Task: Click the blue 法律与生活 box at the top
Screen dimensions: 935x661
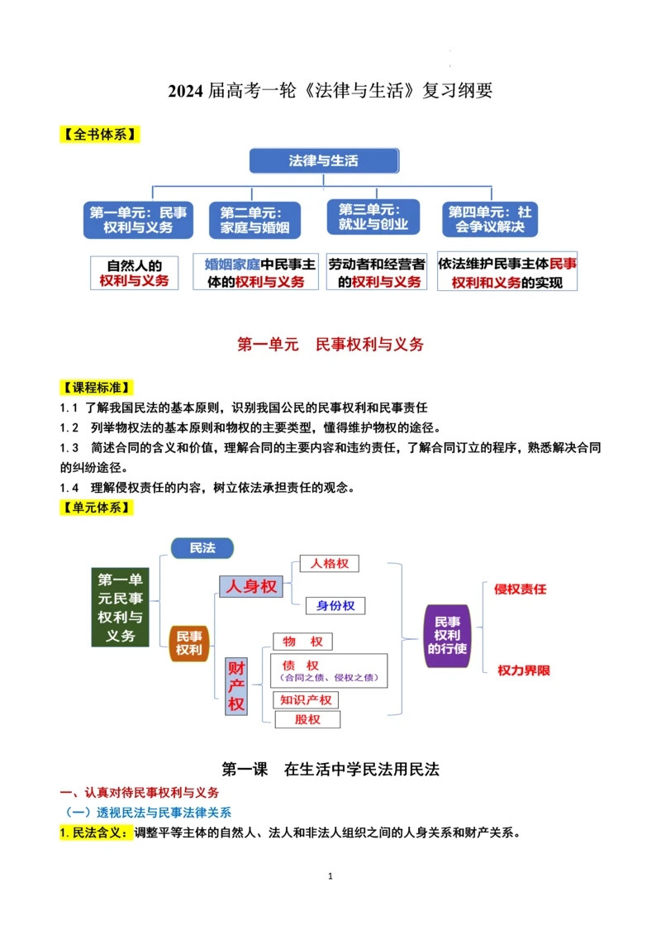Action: coord(324,160)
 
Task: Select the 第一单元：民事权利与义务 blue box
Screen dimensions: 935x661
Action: coord(138,220)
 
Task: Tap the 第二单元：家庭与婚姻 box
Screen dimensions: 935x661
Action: coord(254,221)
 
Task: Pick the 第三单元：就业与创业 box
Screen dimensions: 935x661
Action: coord(373,217)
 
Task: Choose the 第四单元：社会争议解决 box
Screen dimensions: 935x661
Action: coord(491,220)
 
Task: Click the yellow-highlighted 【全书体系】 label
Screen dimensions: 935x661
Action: coord(99,134)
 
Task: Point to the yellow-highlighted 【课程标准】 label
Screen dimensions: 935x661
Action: coord(99,387)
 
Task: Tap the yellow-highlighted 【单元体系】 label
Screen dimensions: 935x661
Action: coord(99,508)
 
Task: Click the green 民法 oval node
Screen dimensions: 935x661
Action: coord(202,548)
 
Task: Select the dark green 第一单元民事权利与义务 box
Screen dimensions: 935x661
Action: coord(121,608)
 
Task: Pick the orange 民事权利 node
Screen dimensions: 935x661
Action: coord(189,642)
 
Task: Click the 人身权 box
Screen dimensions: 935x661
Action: coord(251,586)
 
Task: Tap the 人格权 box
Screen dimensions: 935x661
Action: coord(330,564)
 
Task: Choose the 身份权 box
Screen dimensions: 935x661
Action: coord(335,605)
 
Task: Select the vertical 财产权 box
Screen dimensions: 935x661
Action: coord(236,685)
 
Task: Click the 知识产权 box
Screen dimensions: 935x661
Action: coord(307,700)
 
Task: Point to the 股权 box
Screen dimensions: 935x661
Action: coord(307,719)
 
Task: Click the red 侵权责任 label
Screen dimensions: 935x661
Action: coord(521,589)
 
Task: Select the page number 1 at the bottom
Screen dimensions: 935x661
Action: coord(330,875)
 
